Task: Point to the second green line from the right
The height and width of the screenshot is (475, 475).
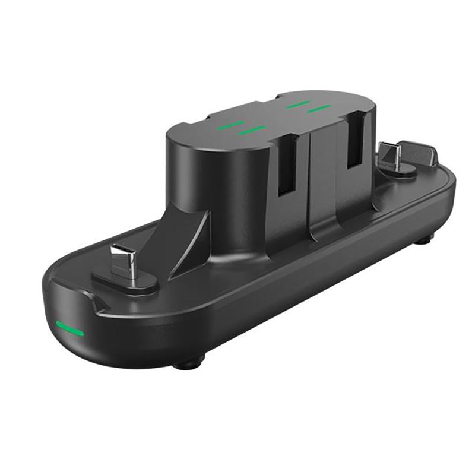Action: tap(297, 104)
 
